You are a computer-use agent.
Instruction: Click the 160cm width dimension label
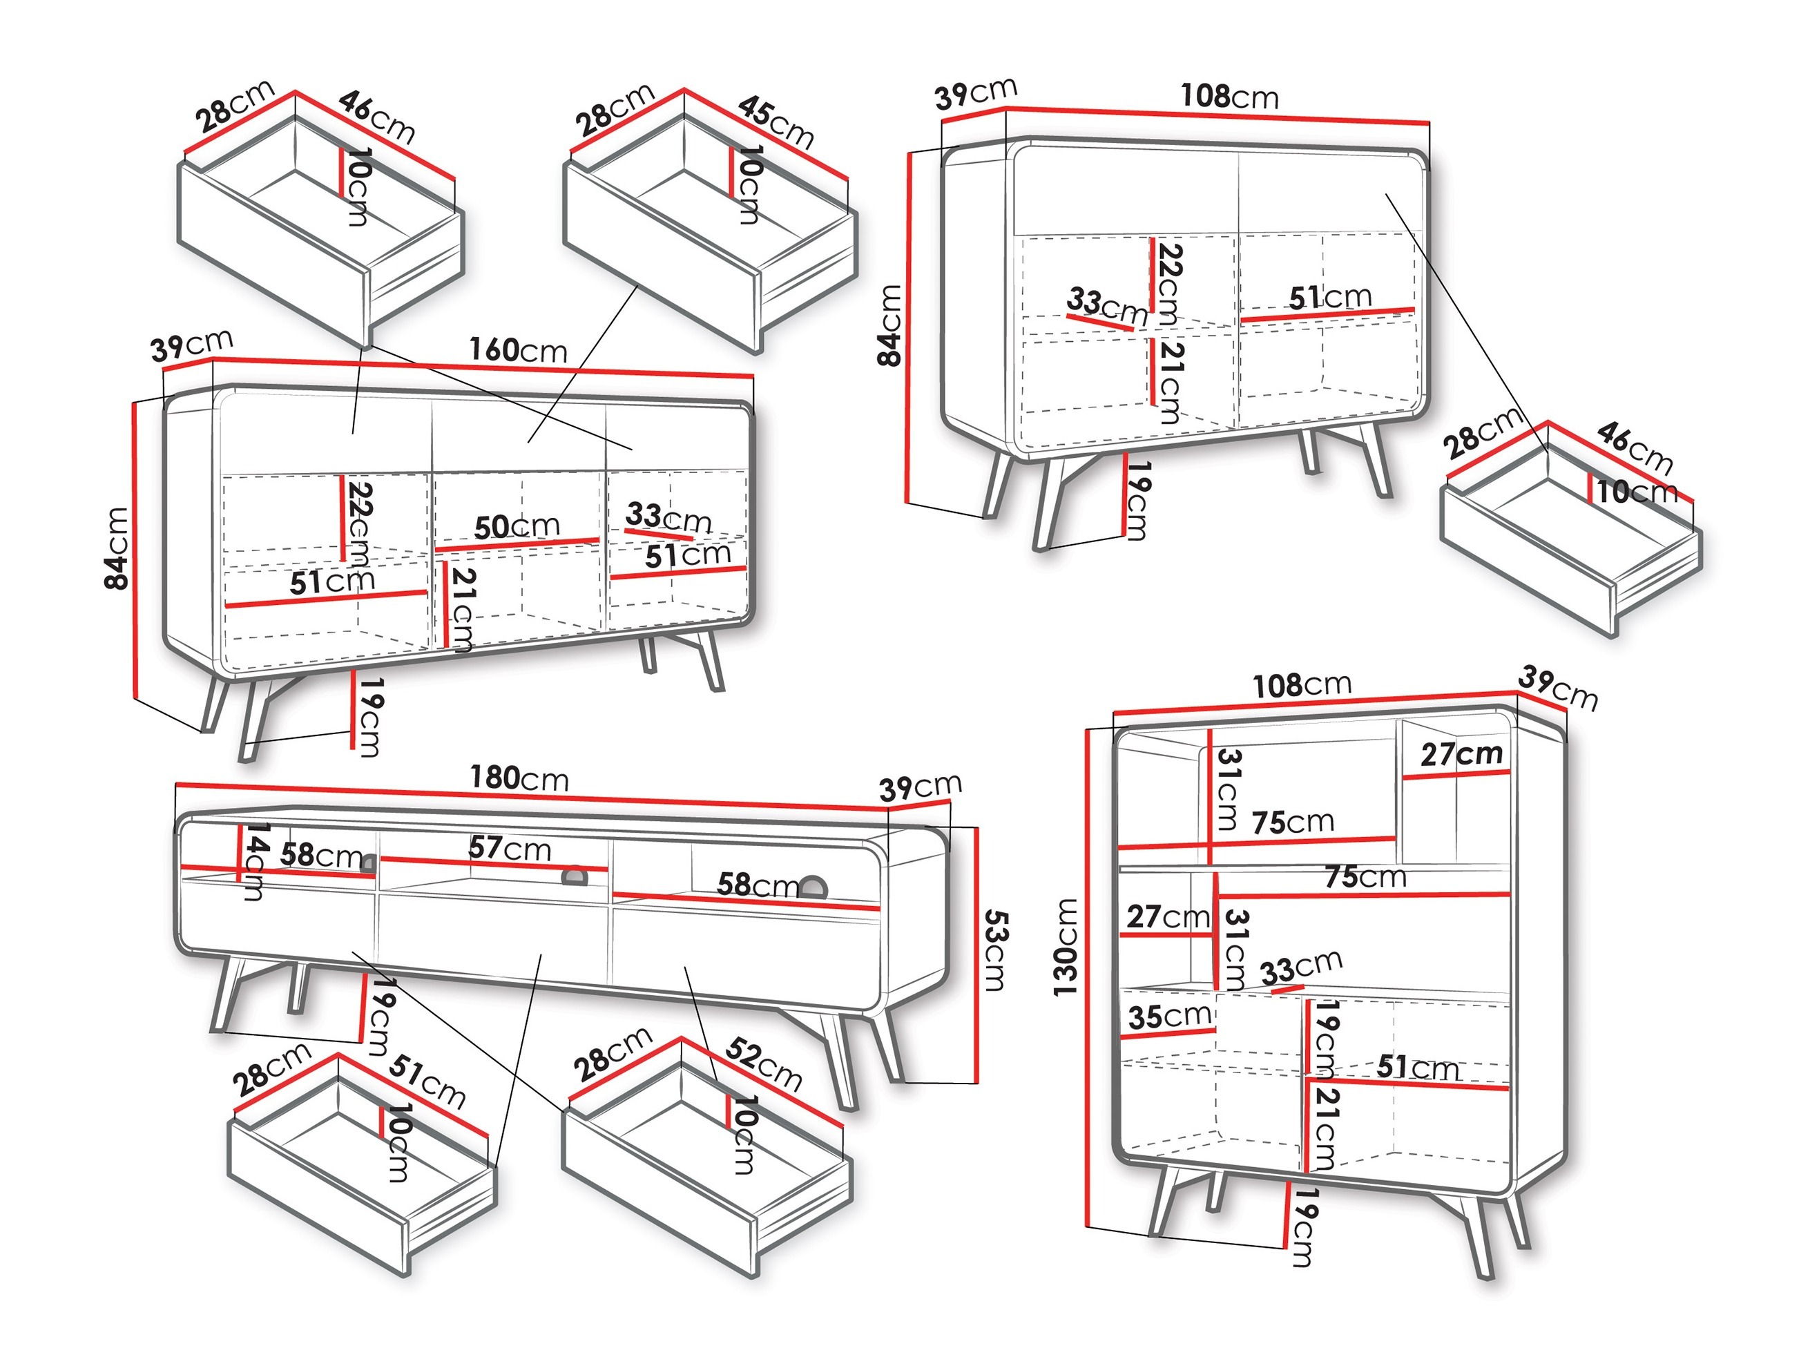click(x=517, y=350)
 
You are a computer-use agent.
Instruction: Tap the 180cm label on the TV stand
click(x=519, y=778)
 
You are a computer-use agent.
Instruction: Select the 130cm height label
click(x=1066, y=947)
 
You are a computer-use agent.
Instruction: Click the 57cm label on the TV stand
click(x=509, y=848)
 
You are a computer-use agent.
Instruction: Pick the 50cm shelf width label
click(x=517, y=526)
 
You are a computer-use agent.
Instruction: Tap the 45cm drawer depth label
click(x=775, y=123)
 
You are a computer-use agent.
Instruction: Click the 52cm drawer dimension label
click(x=762, y=1065)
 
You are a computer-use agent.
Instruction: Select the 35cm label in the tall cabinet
click(x=1169, y=1017)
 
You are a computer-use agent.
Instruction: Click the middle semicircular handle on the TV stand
click(x=575, y=875)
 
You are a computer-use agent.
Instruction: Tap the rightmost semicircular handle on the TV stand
click(x=813, y=887)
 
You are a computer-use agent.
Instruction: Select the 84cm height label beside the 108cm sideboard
click(x=889, y=325)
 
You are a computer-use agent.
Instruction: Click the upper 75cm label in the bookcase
click(x=1292, y=822)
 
